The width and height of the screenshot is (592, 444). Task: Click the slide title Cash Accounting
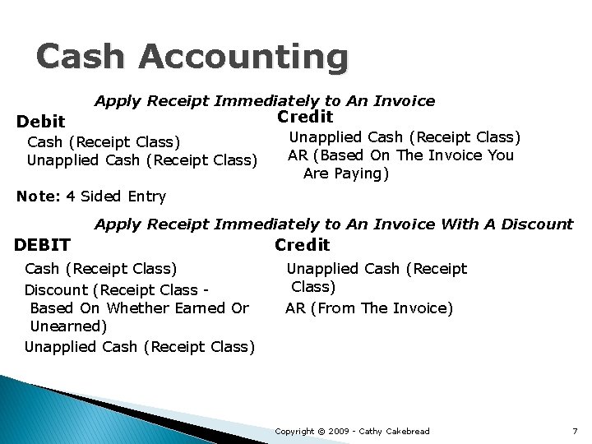[192, 58]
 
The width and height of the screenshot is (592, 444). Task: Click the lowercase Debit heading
[41, 122]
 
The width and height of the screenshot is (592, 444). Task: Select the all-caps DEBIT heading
[43, 244]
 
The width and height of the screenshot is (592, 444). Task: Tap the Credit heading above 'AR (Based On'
[305, 117]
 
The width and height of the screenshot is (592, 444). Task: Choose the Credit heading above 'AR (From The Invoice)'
[302, 244]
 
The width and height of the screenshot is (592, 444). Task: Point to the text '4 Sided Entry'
[116, 197]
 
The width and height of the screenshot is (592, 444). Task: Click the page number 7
[575, 431]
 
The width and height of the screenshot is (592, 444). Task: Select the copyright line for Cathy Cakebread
[352, 431]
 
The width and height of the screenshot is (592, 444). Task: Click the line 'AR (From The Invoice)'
[369, 308]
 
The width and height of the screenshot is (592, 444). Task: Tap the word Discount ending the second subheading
[538, 224]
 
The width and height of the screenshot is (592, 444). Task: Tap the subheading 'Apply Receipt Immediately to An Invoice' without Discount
[265, 101]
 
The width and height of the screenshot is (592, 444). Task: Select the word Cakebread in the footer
[406, 431]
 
